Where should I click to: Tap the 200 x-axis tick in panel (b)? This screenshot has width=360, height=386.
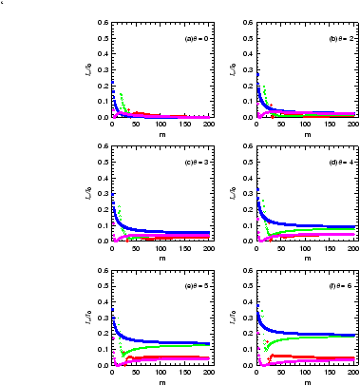pos(352,125)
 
